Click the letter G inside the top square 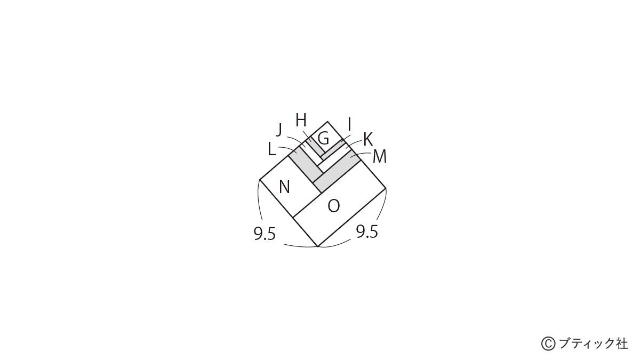tap(323, 139)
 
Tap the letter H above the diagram tap(301, 121)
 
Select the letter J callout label tap(279, 130)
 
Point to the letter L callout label tap(271, 149)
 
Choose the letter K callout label tap(368, 140)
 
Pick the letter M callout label tap(380, 157)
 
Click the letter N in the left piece tap(284, 187)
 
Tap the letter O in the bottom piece tap(333, 206)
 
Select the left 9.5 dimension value tap(265, 234)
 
